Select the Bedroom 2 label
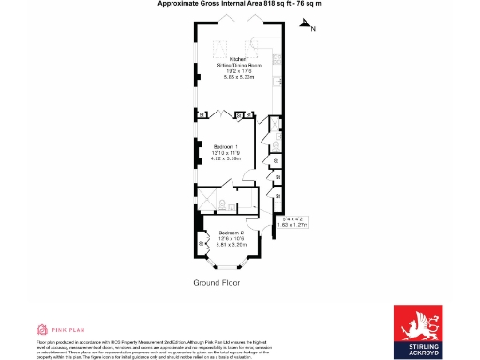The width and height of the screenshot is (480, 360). pyautogui.click(x=231, y=232)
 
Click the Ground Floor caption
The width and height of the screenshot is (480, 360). pyautogui.click(x=219, y=282)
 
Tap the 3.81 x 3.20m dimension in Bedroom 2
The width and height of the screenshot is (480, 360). pyautogui.click(x=231, y=244)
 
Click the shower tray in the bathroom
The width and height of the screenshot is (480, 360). pyautogui.click(x=206, y=202)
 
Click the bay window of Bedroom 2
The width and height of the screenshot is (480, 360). pyautogui.click(x=231, y=268)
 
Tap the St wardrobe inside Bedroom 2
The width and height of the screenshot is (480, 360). pyautogui.click(x=203, y=245)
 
